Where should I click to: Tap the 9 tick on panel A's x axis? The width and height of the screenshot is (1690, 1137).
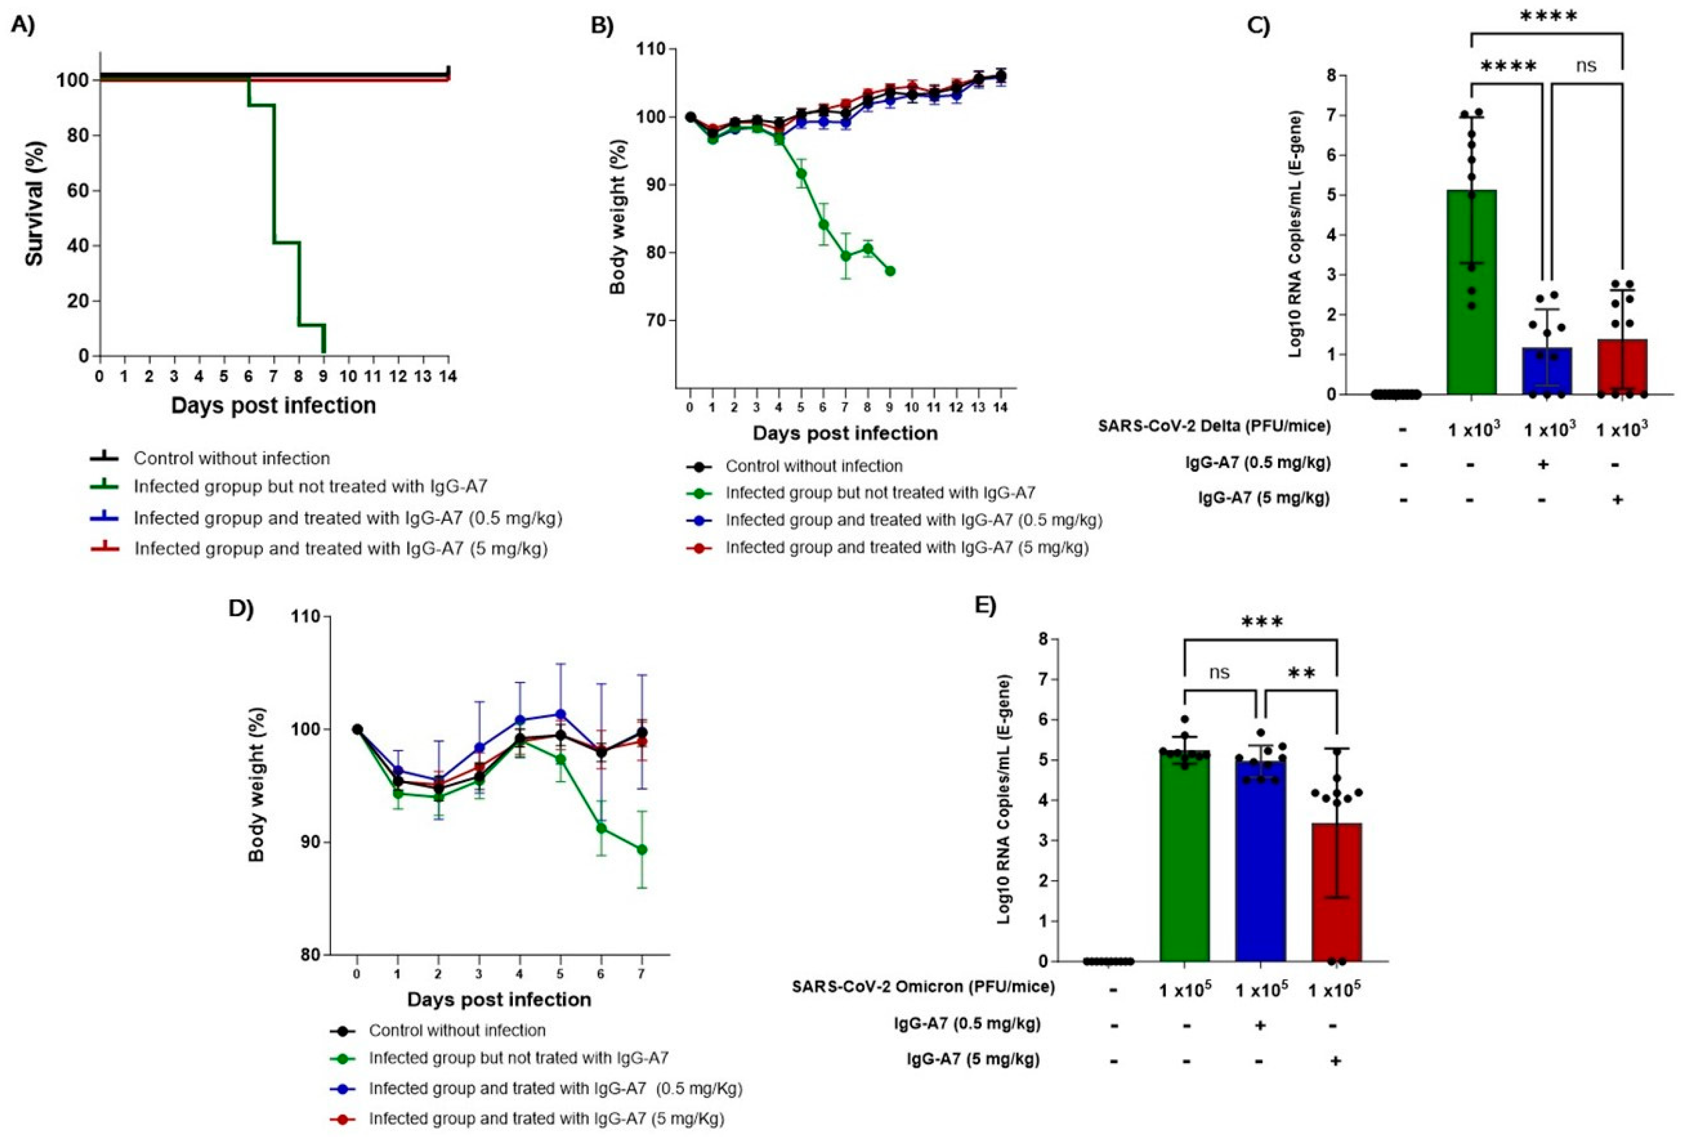coord(323,376)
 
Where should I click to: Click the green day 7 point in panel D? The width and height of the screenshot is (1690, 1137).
coord(642,849)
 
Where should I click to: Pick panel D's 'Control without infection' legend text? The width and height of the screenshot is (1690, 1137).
coord(457,1030)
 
